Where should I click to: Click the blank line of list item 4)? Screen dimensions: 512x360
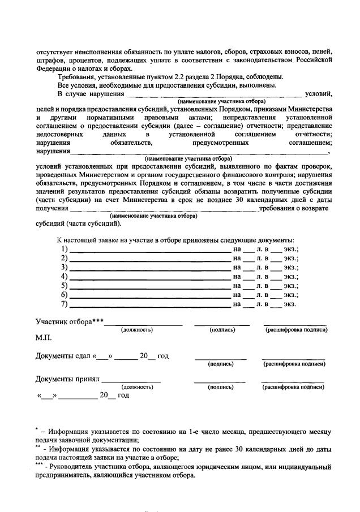click(150, 277)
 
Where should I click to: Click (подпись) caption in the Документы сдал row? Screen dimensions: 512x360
click(221, 364)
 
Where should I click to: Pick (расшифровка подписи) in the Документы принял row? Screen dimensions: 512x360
click(293, 387)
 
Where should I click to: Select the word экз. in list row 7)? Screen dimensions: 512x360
click(290, 304)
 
